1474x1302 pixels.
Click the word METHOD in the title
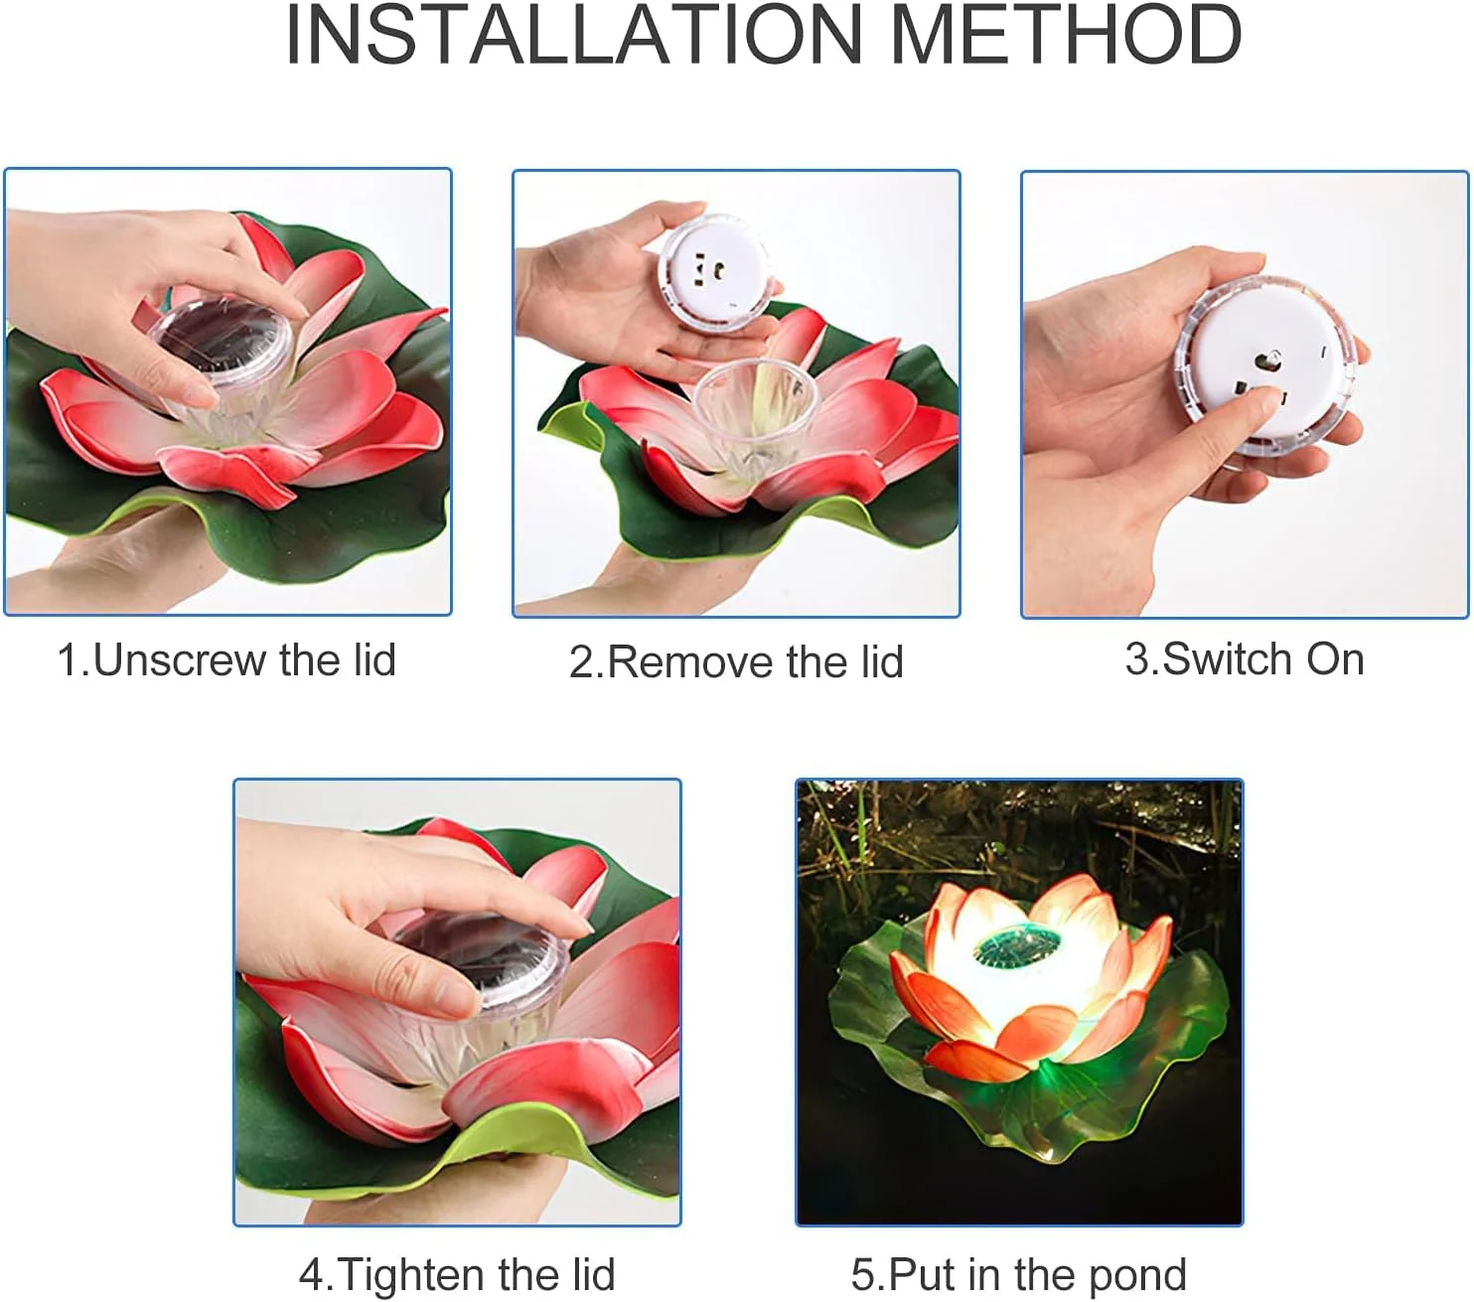[1066, 35]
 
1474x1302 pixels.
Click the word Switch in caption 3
[1229, 659]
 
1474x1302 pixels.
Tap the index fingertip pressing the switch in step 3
[1266, 397]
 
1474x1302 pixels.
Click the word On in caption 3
[1335, 659]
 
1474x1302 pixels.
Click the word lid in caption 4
[593, 1274]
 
